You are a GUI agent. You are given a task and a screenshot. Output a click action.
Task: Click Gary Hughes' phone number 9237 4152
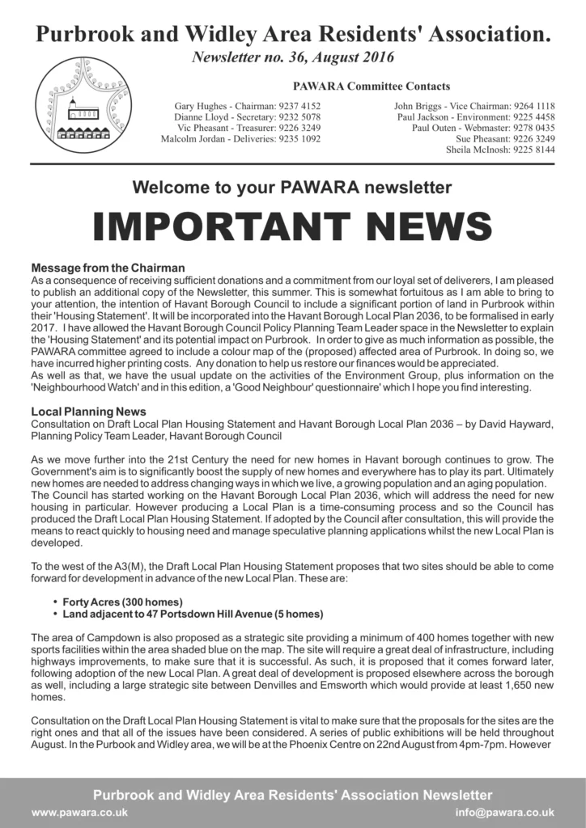(x=299, y=106)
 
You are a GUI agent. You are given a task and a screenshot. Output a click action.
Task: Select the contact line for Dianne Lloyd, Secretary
(x=248, y=116)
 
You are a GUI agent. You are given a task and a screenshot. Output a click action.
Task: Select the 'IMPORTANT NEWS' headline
(x=292, y=227)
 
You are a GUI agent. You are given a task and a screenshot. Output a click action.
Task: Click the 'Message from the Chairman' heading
(x=108, y=268)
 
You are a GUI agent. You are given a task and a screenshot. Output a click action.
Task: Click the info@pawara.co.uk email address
(x=504, y=812)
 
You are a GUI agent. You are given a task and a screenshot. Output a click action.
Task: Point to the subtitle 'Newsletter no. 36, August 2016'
(x=292, y=57)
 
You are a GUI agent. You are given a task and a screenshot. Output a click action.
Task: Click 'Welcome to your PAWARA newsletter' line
(x=292, y=188)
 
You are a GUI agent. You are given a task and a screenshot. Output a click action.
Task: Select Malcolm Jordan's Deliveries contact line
(x=240, y=138)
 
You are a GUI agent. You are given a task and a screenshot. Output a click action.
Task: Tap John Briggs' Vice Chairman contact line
(x=473, y=106)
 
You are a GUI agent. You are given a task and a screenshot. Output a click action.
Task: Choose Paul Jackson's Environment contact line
(x=475, y=116)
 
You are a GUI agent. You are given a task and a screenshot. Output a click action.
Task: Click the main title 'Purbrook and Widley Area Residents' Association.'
(x=292, y=34)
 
